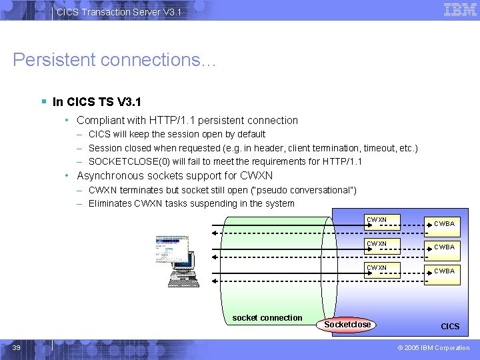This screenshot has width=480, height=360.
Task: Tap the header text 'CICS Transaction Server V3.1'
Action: pos(119,12)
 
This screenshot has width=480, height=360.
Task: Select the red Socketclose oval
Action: pos(347,325)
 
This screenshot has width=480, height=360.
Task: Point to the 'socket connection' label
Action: pos(267,318)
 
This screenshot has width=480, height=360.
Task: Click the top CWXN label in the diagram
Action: pos(377,219)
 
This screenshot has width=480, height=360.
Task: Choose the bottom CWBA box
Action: pos(444,271)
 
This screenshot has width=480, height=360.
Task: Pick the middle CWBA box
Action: pos(444,247)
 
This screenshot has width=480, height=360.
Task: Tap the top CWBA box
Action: pos(444,224)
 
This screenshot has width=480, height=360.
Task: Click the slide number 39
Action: pos(17,347)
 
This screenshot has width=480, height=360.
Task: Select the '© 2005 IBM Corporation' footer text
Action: pos(433,348)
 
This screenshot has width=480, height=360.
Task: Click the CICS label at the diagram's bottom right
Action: pos(450,327)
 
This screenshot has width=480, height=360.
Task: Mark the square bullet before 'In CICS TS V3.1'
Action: pos(43,102)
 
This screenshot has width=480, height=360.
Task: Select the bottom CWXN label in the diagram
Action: pos(377,267)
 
